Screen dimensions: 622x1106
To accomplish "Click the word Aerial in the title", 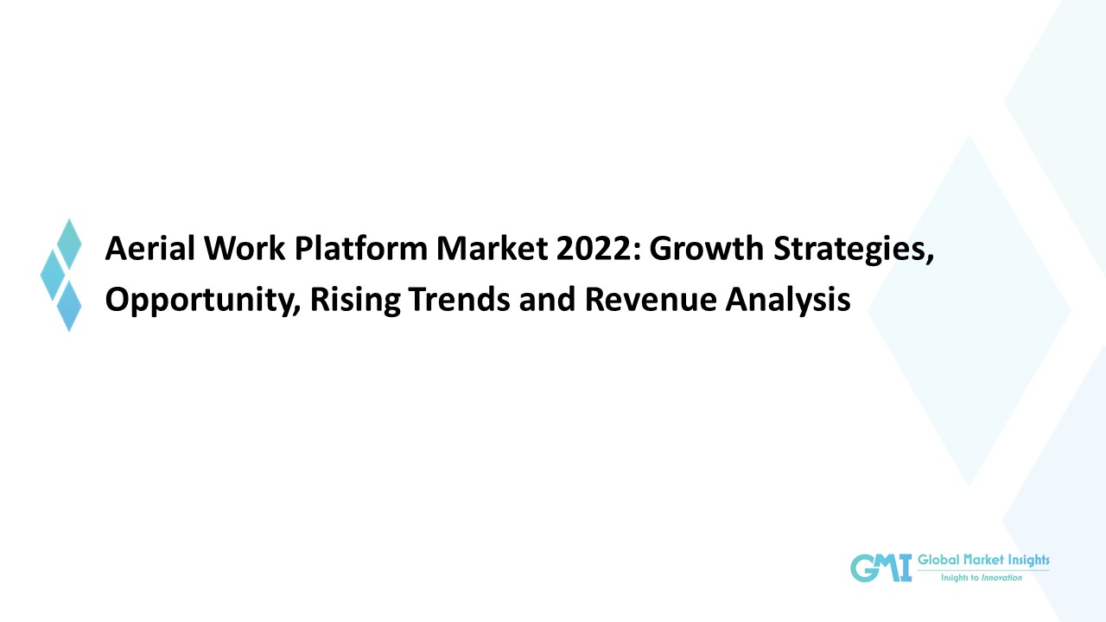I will tap(141, 249).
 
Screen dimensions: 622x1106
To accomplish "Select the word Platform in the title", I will tap(359, 249).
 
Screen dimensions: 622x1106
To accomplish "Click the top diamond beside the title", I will tap(69, 244).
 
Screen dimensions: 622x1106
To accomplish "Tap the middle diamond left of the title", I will tap(53, 274).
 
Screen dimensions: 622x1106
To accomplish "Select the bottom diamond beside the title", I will tap(69, 305).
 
